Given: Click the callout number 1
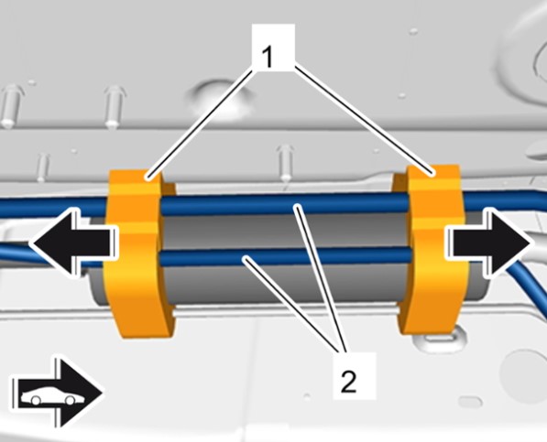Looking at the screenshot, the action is tap(267, 57).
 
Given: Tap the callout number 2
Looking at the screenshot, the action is tap(348, 382).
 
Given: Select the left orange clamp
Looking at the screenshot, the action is tap(139, 253).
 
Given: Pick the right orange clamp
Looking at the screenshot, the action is tap(432, 249).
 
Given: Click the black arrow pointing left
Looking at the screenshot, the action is tap(74, 243).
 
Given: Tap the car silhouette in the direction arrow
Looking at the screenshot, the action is tap(48, 395).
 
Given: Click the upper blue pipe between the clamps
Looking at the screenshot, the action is tap(284, 204).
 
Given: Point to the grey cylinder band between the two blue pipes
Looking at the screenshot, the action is tap(285, 231).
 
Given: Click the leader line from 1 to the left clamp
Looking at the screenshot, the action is tap(201, 124).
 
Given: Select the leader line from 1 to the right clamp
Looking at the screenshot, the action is tap(365, 119).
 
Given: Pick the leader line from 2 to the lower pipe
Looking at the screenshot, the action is tap(294, 304).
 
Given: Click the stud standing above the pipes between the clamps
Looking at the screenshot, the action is tap(285, 162).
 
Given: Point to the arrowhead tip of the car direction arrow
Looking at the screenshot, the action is tap(103, 393).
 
